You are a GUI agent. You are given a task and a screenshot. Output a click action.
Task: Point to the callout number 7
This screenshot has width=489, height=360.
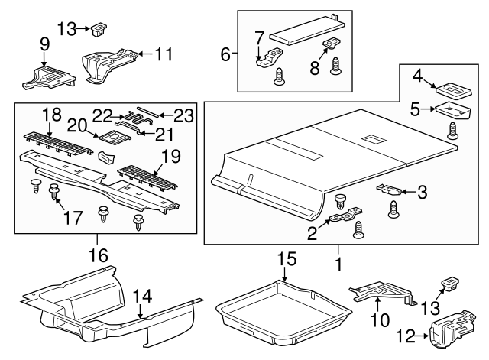click(258, 37)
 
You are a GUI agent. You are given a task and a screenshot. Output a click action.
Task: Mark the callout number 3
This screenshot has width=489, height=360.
click(421, 193)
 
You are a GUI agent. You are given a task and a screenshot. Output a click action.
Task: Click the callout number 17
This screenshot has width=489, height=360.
click(73, 218)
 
